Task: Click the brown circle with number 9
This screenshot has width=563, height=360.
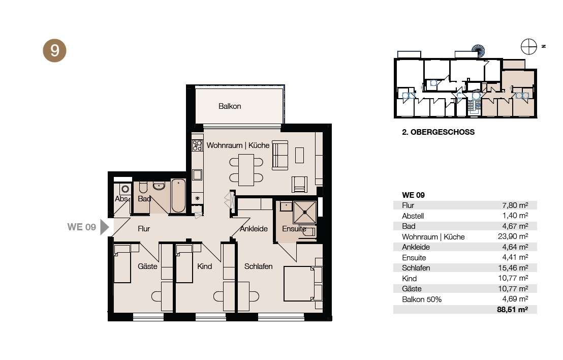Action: [54, 51]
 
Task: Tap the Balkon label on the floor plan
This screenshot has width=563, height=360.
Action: [230, 106]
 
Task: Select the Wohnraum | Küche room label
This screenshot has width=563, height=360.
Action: [238, 145]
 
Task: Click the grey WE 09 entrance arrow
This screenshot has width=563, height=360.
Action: [105, 227]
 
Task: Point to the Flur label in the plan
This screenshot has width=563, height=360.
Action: [144, 229]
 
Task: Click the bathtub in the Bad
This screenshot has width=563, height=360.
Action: [178, 196]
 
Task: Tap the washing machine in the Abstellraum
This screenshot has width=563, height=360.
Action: [125, 189]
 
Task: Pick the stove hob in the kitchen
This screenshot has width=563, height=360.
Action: [197, 145]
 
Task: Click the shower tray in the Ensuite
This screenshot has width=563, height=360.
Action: [305, 212]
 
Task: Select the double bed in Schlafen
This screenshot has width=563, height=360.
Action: [303, 283]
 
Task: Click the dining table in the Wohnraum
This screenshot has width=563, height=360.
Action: [246, 170]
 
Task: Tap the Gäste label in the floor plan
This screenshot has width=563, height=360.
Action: [147, 266]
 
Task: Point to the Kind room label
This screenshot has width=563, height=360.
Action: [205, 266]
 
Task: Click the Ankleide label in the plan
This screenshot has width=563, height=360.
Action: [254, 229]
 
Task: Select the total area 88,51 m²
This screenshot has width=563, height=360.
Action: [512, 309]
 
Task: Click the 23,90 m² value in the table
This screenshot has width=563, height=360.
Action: [513, 236]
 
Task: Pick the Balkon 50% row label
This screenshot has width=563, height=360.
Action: [422, 299]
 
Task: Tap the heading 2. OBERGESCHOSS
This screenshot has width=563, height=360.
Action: [439, 132]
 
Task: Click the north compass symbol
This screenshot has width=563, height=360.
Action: [529, 47]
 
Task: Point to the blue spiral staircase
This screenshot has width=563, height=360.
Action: [478, 51]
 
